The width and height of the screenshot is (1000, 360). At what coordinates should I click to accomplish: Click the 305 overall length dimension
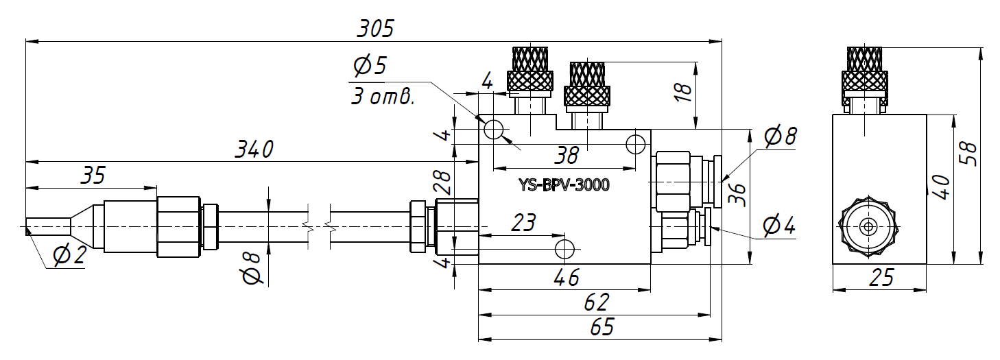(375, 29)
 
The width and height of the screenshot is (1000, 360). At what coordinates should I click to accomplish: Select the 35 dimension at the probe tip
(92, 176)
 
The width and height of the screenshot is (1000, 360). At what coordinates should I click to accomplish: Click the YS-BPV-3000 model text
(564, 185)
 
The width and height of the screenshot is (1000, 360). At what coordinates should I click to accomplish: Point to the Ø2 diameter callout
(69, 256)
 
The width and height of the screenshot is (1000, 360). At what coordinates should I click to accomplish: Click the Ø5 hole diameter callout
(370, 67)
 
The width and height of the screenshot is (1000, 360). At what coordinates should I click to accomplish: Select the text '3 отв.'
(383, 97)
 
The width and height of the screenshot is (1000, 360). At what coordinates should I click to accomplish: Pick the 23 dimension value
(523, 223)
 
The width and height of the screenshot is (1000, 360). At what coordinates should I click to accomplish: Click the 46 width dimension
(566, 278)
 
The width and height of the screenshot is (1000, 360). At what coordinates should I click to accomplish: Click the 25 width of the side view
(881, 278)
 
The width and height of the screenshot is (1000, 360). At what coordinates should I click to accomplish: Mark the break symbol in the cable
(320, 226)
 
